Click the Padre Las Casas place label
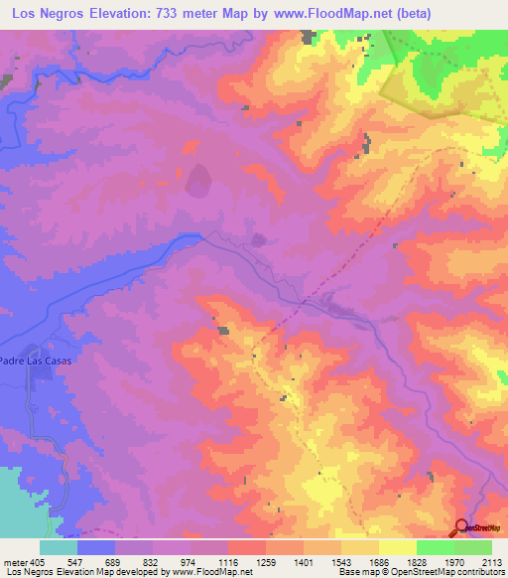pos(36,361)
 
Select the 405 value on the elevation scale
pos(38,561)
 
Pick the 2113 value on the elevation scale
pos(492,561)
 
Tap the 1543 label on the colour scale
pos(341,561)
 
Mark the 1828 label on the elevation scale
pos(417,561)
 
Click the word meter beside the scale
pos(15,561)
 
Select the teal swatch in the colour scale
pos(59,547)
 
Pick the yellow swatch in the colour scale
pos(398,547)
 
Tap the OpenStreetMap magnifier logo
pos(462,529)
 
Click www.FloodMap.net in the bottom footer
pos(211,572)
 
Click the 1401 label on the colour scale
pos(304,561)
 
